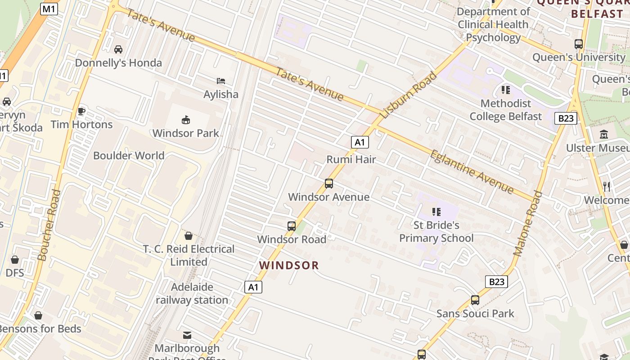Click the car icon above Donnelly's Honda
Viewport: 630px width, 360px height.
118,49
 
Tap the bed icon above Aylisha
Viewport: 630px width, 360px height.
220,81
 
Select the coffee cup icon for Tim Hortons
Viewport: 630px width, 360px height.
81,111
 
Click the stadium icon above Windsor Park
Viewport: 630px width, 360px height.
185,120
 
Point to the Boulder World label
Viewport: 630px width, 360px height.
129,156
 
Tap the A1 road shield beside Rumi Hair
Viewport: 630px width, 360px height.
360,143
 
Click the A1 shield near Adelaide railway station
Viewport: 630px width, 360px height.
253,287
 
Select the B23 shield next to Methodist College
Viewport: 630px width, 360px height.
565,118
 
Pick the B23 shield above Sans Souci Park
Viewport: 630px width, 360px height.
497,282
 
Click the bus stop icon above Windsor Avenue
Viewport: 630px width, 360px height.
329,184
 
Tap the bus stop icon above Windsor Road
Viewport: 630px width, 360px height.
292,226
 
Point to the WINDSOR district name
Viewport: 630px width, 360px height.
289,265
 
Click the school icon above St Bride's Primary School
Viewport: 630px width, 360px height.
436,211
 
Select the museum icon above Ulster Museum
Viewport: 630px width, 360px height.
604,135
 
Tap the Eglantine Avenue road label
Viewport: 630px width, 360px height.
472,171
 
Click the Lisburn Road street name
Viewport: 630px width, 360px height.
409,95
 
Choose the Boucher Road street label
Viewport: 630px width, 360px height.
49,225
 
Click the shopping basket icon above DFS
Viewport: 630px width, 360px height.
15,260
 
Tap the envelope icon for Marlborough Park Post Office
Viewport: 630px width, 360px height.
187,335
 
